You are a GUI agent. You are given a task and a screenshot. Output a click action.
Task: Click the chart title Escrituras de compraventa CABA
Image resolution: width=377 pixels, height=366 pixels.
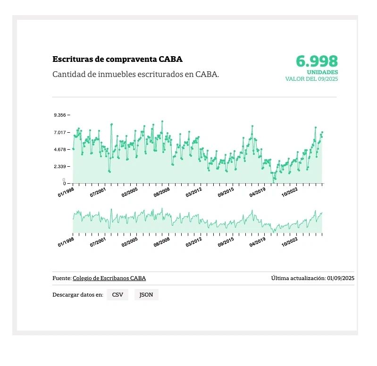[117, 60]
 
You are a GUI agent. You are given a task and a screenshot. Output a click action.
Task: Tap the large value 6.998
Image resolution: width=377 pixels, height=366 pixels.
[317, 61]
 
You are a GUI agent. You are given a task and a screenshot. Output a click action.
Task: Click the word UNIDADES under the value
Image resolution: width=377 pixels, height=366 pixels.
[322, 72]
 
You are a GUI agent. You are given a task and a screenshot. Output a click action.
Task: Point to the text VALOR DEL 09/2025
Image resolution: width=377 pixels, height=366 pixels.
[311, 79]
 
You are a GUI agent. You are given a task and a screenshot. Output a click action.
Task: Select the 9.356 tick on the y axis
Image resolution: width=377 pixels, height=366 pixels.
[61, 115]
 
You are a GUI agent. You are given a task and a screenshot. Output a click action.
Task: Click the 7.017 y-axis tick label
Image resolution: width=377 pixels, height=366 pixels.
[61, 132]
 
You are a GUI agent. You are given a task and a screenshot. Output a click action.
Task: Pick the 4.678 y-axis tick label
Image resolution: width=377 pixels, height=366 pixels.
[61, 150]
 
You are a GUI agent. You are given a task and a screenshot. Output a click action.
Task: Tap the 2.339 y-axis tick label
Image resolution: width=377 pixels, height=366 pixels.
[61, 167]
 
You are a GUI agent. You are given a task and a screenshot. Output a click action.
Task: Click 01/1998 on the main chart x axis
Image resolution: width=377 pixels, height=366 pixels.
[66, 190]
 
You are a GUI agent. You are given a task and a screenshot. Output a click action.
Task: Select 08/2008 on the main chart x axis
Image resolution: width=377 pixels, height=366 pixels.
[162, 190]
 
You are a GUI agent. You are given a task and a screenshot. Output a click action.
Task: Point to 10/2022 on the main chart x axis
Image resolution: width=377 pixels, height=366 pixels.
[290, 190]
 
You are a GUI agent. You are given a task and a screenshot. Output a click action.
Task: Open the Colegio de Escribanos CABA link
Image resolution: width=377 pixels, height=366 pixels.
[109, 278]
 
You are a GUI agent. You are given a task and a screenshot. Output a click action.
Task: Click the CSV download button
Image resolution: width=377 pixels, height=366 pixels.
[117, 295]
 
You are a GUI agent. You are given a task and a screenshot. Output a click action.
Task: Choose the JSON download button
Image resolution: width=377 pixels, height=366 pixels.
[146, 295]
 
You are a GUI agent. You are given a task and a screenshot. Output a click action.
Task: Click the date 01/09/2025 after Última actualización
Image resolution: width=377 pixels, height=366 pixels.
[340, 278]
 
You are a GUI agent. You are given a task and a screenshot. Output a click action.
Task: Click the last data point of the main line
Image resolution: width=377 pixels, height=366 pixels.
[322, 133]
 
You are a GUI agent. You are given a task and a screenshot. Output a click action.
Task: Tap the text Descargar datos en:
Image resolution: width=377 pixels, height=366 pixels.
[78, 295]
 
